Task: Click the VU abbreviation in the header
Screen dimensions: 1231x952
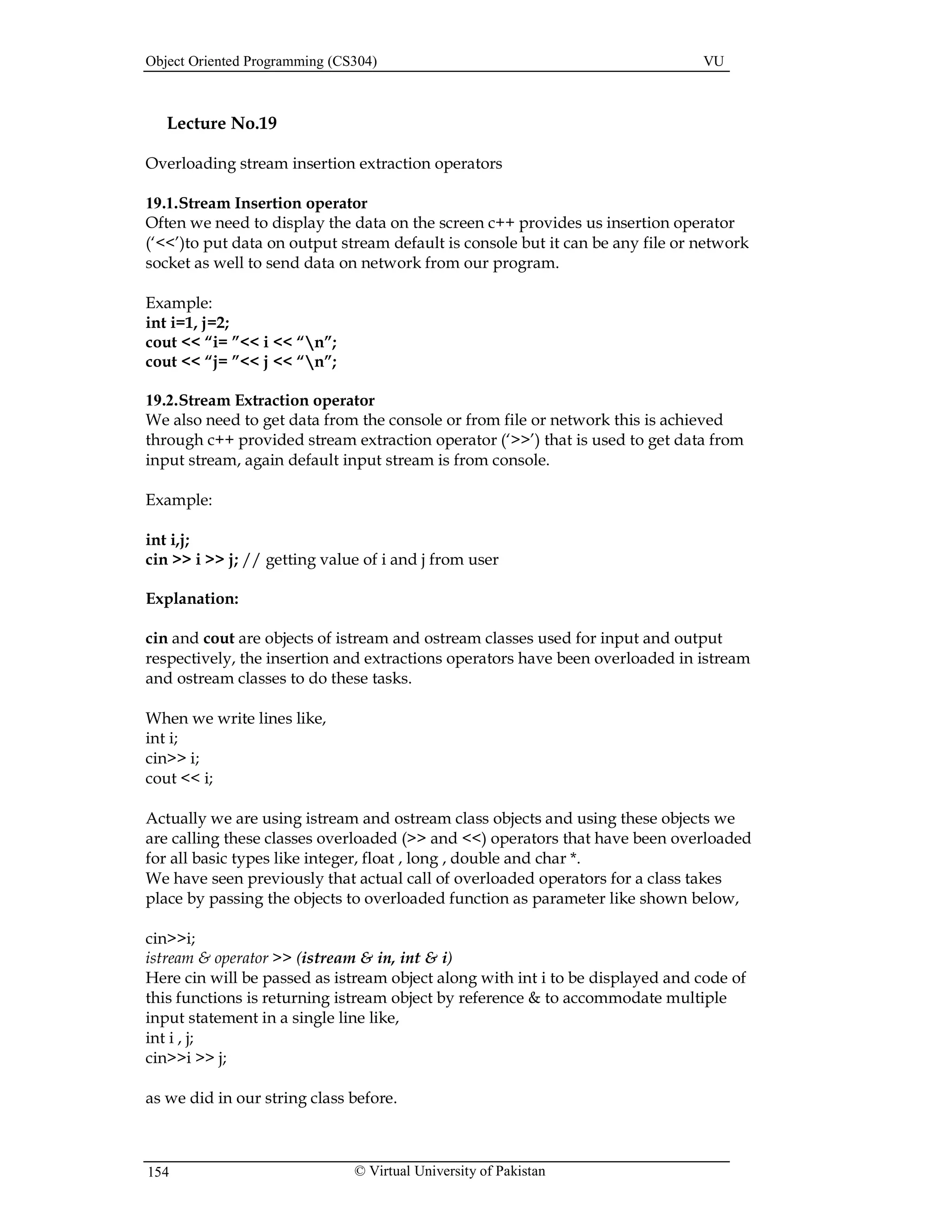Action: pyautogui.click(x=713, y=61)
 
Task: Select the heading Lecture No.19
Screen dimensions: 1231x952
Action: pyautogui.click(x=222, y=124)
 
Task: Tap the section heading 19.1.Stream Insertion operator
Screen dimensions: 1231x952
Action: pyautogui.click(x=256, y=203)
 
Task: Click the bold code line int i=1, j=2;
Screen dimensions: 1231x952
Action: pyautogui.click(x=187, y=322)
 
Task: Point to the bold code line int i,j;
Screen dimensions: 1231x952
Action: pyautogui.click(x=167, y=539)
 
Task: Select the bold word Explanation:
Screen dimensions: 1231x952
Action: pyautogui.click(x=192, y=599)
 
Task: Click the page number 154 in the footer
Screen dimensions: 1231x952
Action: pyautogui.click(x=158, y=1172)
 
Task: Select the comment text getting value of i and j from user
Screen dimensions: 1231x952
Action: pyautogui.click(x=382, y=560)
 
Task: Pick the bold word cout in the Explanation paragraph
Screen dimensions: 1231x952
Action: pyautogui.click(x=218, y=639)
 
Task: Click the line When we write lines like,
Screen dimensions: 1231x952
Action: pyautogui.click(x=236, y=718)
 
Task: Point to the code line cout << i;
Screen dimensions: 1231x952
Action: pyautogui.click(x=179, y=779)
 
